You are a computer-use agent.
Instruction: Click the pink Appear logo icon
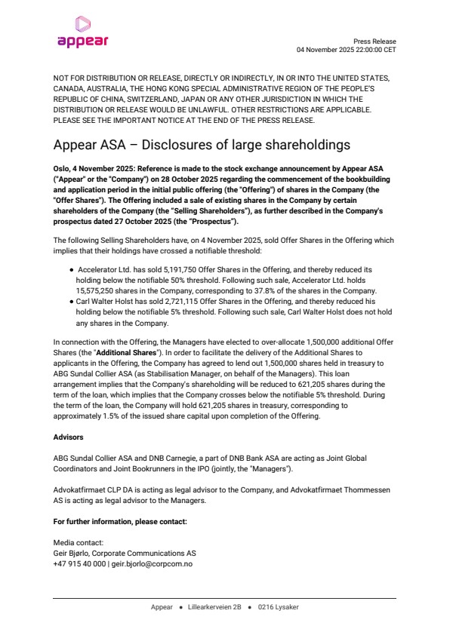click(82, 25)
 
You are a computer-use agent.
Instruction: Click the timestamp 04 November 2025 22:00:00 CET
click(346, 50)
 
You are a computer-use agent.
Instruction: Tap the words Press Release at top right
click(374, 41)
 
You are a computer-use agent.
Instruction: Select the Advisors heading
click(68, 437)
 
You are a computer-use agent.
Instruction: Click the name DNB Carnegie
click(193, 458)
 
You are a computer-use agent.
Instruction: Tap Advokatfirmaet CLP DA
click(94, 489)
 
